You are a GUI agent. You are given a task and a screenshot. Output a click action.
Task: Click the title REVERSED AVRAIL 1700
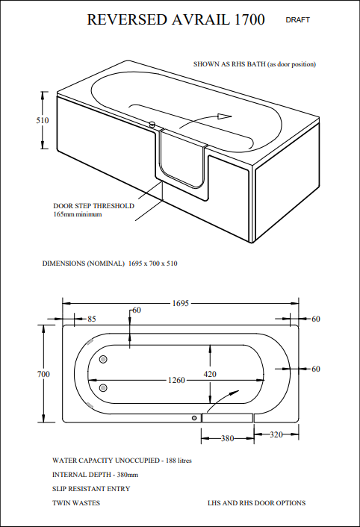point(176,20)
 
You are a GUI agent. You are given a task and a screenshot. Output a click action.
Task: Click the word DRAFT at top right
point(297,20)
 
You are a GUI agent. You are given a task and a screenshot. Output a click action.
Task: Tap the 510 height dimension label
point(43,120)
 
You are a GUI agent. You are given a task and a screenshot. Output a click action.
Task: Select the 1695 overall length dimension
point(181,304)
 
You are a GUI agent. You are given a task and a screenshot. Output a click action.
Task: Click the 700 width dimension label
point(43,374)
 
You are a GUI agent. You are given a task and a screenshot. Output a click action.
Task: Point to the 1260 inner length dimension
point(176,380)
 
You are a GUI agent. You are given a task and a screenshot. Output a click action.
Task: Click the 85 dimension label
point(92,319)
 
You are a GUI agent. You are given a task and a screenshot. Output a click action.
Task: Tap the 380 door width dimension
point(227,439)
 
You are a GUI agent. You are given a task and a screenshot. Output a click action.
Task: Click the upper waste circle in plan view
point(104,361)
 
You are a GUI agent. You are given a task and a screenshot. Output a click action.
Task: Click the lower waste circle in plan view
point(104,387)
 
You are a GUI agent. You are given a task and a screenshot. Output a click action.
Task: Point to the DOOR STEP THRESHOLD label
point(93,205)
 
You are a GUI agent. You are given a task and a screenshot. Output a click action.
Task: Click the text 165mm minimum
point(77,214)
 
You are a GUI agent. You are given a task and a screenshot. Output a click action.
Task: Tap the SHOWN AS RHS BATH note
point(254,64)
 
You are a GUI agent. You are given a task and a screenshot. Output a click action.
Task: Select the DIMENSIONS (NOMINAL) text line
point(109,263)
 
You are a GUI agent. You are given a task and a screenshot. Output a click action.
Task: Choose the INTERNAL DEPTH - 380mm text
point(95,475)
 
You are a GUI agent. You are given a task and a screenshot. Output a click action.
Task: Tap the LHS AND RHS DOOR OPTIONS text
point(256,503)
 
